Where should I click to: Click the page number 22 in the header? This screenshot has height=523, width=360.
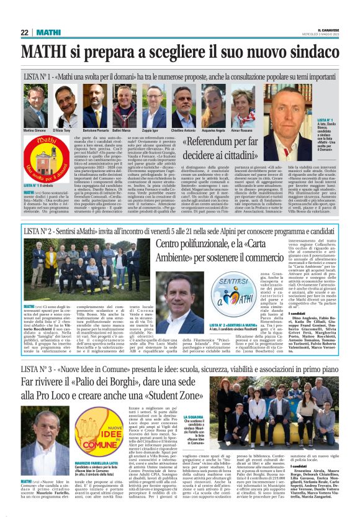coord(25,32)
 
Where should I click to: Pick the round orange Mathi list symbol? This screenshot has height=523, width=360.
coord(40,160)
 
